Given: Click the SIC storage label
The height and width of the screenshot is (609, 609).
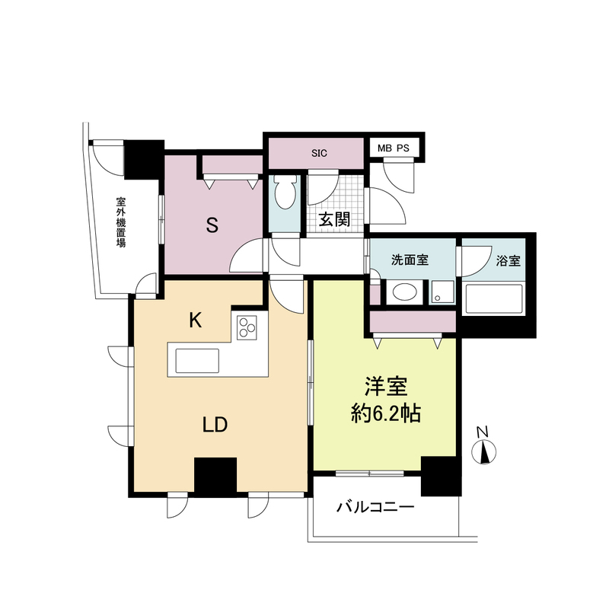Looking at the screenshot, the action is pos(319,153).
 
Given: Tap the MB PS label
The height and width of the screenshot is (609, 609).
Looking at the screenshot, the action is pos(393,148).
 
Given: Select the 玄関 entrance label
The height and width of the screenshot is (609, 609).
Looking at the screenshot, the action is pos(334,219).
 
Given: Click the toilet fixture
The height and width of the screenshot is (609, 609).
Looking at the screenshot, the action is pos(285,193).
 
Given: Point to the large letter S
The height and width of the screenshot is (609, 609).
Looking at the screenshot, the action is pos(212,225).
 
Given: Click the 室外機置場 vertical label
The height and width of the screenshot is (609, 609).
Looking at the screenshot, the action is pos(121,222).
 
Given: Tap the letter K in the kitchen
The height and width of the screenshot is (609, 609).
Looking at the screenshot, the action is pos(196,320).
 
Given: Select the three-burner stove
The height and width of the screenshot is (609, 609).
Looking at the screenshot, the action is pos(247,327).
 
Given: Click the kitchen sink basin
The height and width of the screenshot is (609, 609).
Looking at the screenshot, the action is pos(197,361).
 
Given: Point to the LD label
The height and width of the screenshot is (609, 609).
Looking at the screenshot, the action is pos(215,425).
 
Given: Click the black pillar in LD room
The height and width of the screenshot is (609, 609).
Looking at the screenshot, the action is pos(215,477).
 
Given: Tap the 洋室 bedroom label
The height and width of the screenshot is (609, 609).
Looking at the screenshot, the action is pos(386,386).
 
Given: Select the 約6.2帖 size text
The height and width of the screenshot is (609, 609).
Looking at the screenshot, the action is pos(386,413).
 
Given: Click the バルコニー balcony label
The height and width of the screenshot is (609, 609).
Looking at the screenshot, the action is pos(375,507).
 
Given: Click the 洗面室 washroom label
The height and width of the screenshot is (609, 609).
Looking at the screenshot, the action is pos(410,260).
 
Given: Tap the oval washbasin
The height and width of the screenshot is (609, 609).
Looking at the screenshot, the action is pos(404,292).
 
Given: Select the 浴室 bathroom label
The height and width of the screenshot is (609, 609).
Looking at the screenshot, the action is pos(508,260).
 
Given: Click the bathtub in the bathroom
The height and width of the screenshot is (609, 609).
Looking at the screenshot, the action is pos(493,299).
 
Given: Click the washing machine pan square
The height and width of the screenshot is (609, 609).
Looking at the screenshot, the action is pos(442,292).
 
